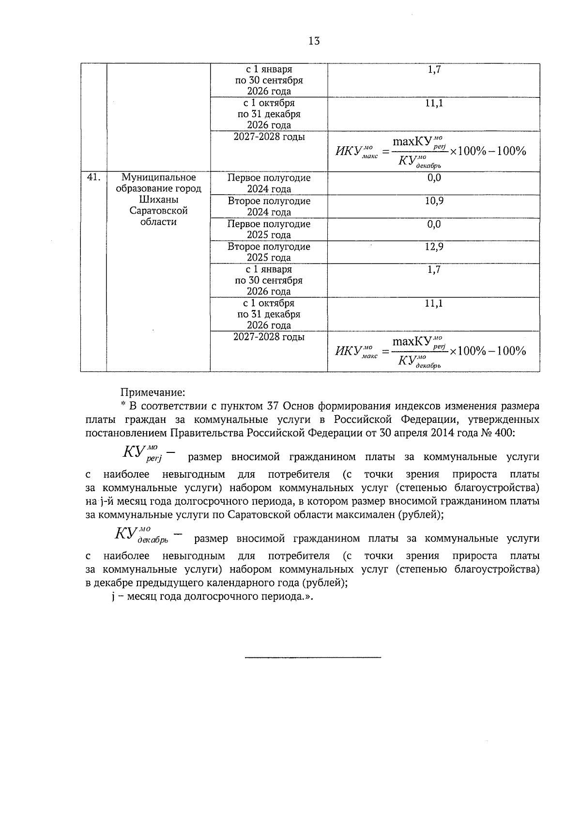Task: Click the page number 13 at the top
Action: pos(314,41)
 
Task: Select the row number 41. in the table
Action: pos(93,178)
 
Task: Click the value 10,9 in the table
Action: pos(434,201)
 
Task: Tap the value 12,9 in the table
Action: pos(434,247)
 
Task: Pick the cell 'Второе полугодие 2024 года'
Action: pos(269,206)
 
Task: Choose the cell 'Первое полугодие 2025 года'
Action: pos(269,229)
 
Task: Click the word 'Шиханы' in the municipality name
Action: pos(158,200)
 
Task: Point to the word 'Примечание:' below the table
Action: pos(153,391)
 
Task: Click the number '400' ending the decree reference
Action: pos(504,433)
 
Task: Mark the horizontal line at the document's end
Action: pos(313,657)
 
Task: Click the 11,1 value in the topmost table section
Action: pos(434,103)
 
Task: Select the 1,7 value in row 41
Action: pos(434,270)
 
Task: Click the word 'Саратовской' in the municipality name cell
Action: pos(158,211)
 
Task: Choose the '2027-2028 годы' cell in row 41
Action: pos(269,337)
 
